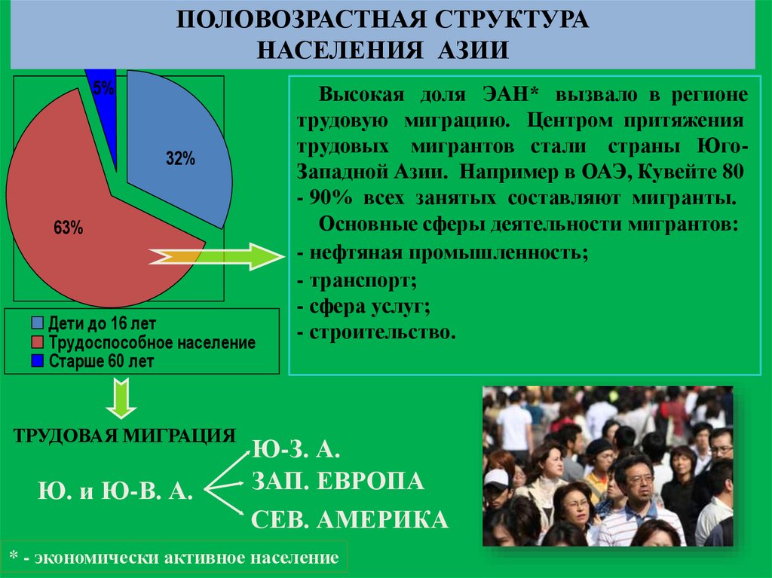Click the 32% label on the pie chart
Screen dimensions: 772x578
[x=181, y=159]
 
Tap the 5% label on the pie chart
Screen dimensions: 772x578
[x=104, y=89]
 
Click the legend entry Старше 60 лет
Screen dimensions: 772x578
[x=101, y=362]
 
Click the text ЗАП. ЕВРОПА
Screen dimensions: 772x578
[x=338, y=482]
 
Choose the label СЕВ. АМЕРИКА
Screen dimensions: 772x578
[x=349, y=519]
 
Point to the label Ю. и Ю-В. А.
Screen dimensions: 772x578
[x=115, y=491]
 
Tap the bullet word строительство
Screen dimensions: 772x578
[x=381, y=332]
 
